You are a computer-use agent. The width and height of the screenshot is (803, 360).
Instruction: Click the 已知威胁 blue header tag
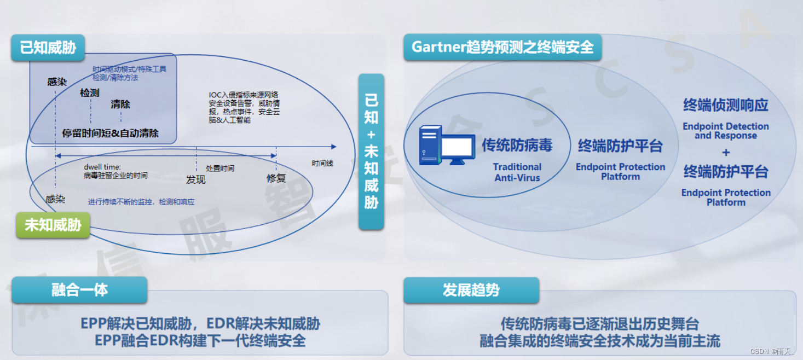(48, 48)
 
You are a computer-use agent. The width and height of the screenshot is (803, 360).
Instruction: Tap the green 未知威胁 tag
(53, 224)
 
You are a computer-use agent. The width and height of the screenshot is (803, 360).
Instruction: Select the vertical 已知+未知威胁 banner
(371, 152)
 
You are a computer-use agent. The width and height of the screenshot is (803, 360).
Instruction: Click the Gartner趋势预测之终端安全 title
(502, 47)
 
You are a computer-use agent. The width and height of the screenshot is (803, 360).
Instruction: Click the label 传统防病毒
(517, 145)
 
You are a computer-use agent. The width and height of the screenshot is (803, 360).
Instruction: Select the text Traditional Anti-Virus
(517, 172)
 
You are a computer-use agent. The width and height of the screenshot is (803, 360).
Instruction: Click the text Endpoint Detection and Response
(726, 131)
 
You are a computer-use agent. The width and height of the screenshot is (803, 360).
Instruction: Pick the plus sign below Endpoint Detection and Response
(726, 152)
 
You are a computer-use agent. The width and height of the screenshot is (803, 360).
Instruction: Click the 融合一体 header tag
(80, 289)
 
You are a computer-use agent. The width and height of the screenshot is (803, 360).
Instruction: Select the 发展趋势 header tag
(471, 289)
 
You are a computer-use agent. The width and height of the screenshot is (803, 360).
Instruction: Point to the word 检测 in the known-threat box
(90, 93)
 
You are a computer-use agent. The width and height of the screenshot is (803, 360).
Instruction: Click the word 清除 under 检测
(120, 104)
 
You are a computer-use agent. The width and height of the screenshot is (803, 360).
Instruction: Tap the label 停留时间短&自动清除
(111, 133)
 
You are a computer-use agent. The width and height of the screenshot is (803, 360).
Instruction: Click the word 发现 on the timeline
(195, 179)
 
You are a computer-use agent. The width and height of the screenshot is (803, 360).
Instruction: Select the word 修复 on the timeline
(276, 178)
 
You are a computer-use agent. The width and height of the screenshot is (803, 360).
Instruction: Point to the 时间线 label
(322, 163)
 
